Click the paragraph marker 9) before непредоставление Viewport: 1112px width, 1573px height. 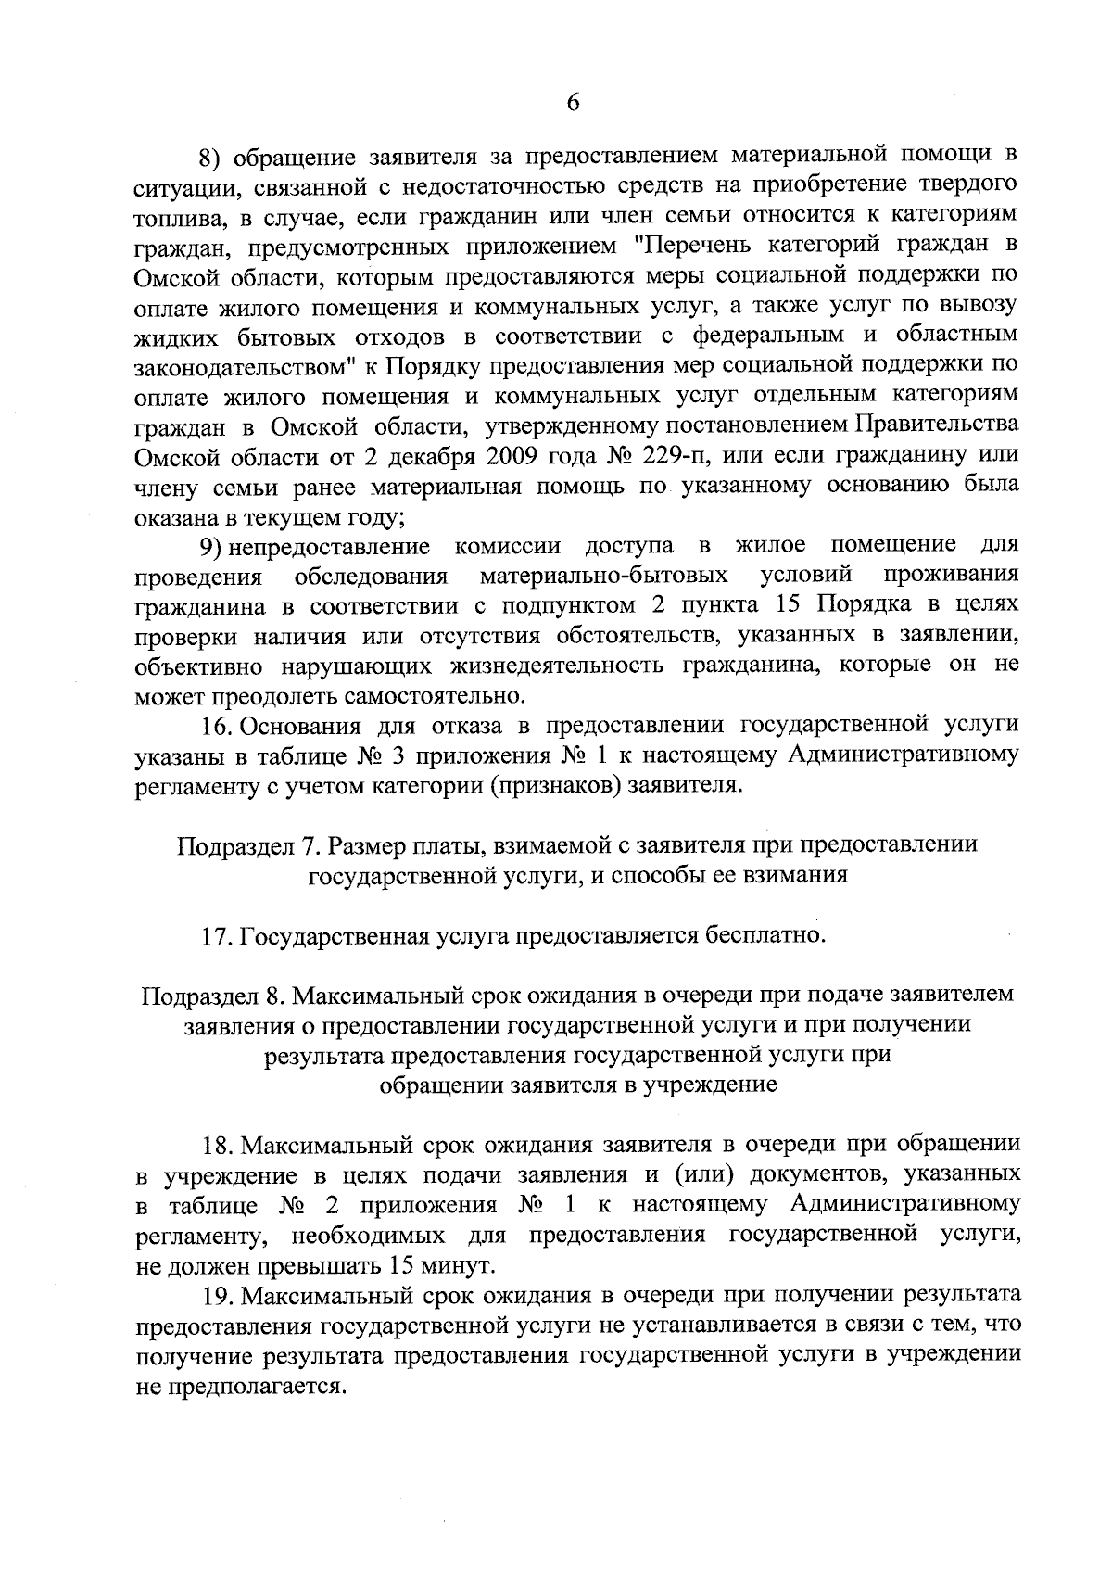pos(216,544)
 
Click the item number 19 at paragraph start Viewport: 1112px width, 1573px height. pos(218,1294)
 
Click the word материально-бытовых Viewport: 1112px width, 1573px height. pos(603,576)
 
